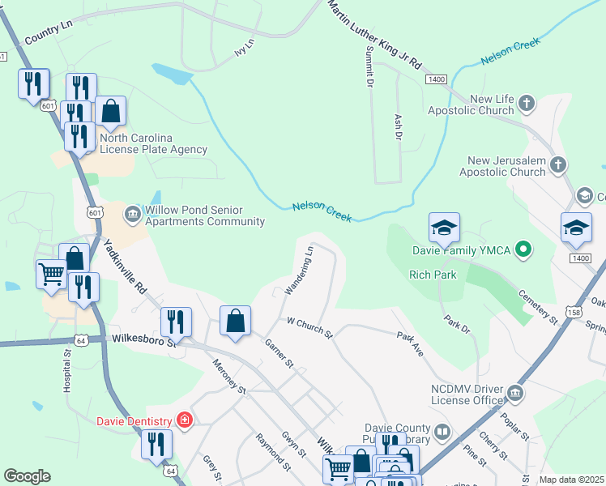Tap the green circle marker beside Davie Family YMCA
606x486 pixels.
[523, 249]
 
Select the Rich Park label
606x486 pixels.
[433, 275]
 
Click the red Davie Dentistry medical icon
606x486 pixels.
[185, 420]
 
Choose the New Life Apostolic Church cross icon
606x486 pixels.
[527, 103]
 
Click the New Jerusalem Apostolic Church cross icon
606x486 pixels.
[557, 165]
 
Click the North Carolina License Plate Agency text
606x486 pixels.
[153, 143]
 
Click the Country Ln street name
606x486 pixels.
[49, 34]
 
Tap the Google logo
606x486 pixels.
[28, 475]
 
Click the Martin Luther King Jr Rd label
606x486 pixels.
[375, 33]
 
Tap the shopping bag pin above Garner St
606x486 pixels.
[235, 322]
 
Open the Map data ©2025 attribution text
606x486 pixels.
[571, 480]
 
